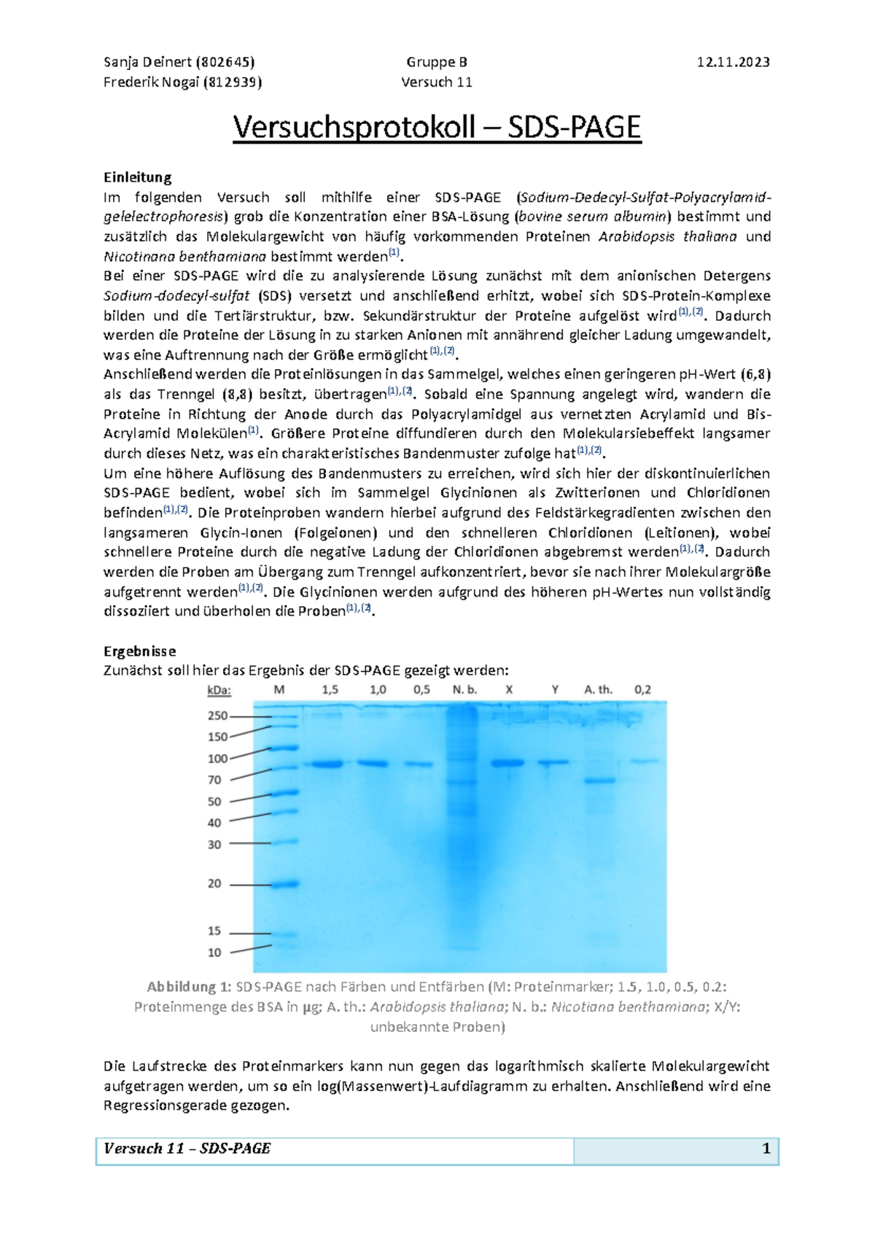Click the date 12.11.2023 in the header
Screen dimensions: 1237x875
[733, 62]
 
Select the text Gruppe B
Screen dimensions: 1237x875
[437, 62]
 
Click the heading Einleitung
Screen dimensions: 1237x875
[137, 177]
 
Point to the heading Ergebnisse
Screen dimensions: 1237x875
[139, 651]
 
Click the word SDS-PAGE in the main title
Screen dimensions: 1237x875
[574, 128]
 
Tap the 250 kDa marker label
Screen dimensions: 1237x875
[217, 716]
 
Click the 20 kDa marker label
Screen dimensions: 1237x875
[214, 883]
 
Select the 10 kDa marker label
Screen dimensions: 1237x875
[214, 952]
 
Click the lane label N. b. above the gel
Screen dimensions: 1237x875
[464, 689]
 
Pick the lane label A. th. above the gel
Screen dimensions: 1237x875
[598, 689]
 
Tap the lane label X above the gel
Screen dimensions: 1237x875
[509, 689]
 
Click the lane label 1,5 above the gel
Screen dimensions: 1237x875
[330, 689]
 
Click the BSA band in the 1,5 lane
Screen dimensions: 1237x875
[324, 764]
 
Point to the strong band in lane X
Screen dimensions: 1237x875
[507, 763]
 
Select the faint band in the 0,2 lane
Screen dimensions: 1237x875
[643, 761]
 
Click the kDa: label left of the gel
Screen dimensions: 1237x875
[219, 690]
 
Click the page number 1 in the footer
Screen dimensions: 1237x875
[766, 1149]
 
